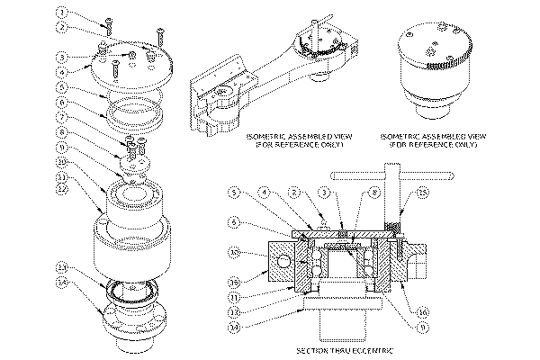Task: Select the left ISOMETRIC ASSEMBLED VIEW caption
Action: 293,139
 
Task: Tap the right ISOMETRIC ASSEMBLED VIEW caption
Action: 429,139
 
